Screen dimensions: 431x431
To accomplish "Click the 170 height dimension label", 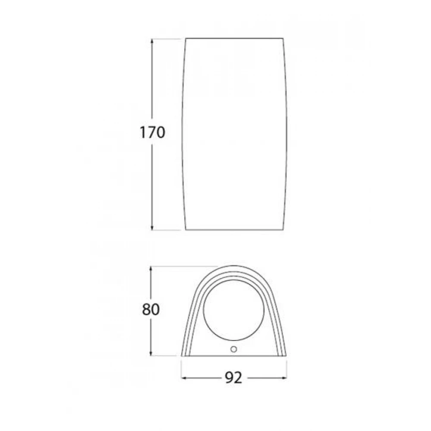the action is click(152, 132).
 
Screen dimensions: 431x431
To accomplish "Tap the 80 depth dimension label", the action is click(150, 309).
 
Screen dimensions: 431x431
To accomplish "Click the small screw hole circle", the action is click(234, 349).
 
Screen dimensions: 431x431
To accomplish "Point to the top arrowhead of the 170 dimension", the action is click(152, 41).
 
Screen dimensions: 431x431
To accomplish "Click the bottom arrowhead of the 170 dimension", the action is click(152, 227).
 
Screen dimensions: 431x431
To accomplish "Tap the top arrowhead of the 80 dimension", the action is click(150, 269).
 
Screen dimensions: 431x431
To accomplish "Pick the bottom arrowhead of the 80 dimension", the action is click(150, 353).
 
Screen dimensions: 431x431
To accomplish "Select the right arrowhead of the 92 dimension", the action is click(284, 378).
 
